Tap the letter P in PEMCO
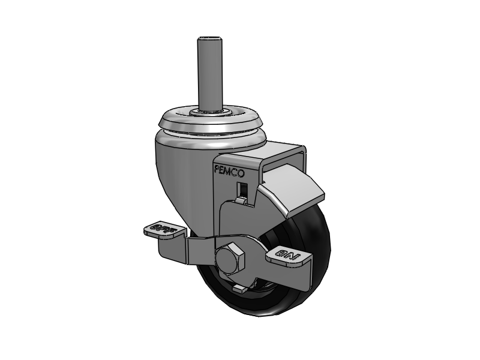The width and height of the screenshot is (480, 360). pyautogui.click(x=217, y=170)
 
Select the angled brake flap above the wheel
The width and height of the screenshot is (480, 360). pyautogui.click(x=291, y=192)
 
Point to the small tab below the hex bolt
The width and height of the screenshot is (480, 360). pyautogui.click(x=239, y=290)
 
